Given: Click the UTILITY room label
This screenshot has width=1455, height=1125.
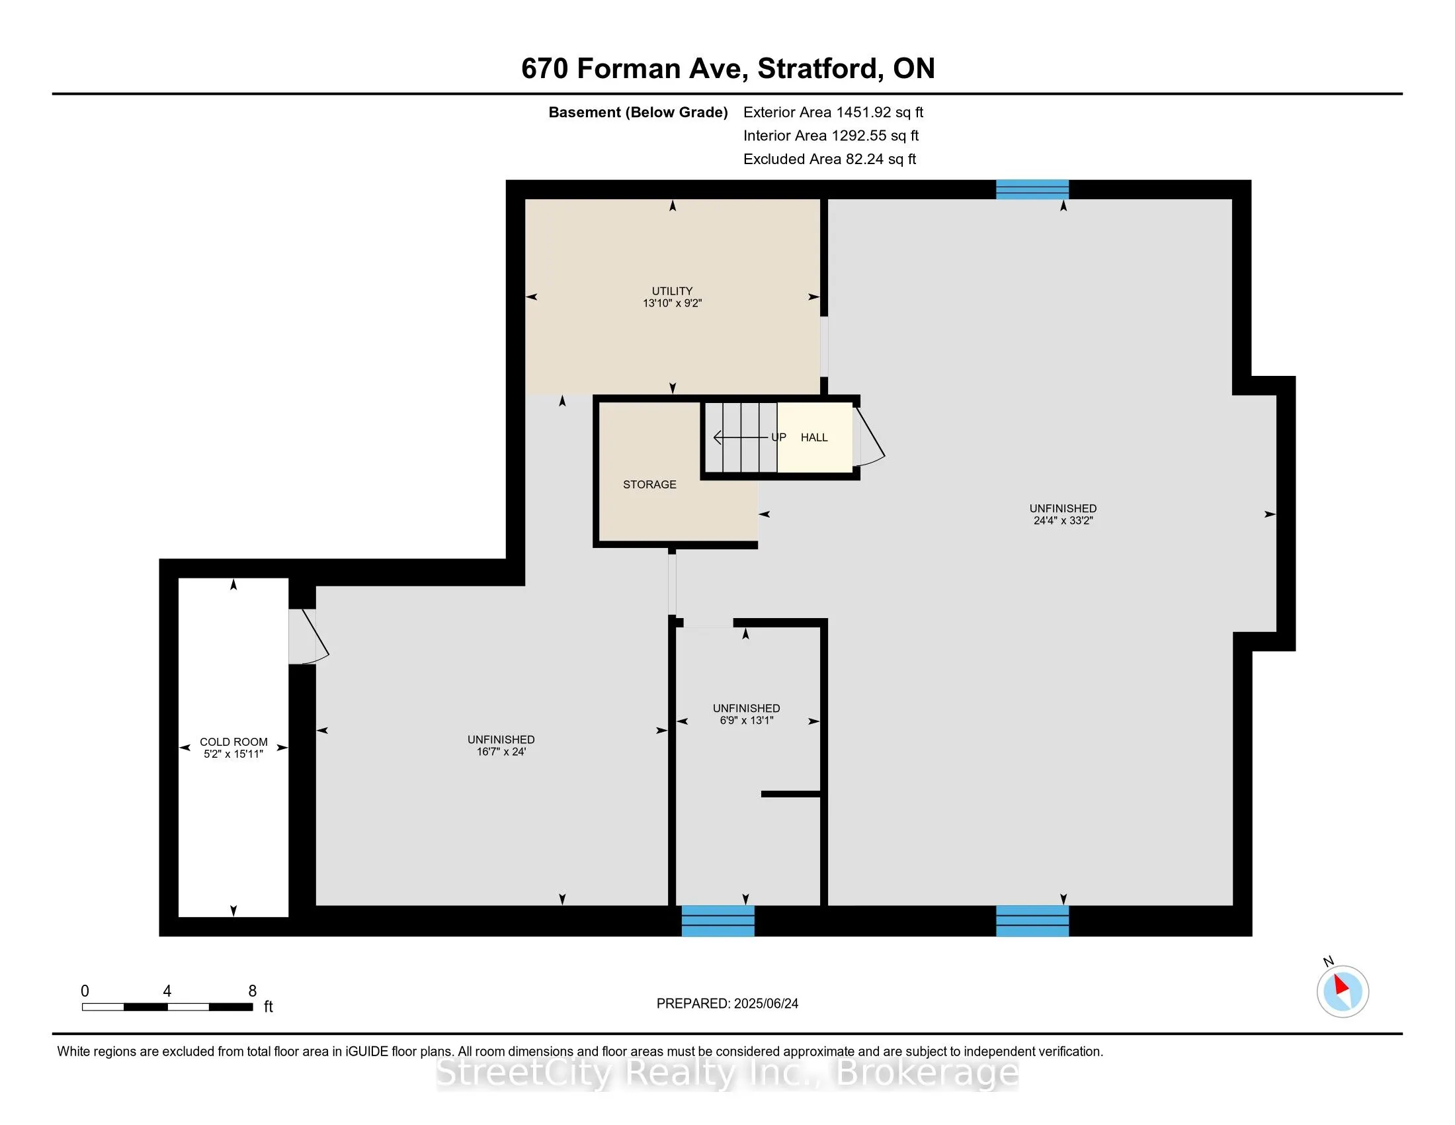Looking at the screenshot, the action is (672, 291).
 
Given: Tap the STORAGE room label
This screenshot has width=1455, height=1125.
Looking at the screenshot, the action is (649, 484).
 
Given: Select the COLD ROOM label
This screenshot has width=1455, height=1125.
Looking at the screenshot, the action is (234, 742).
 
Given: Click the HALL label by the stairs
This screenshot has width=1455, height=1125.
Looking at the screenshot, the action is (814, 437).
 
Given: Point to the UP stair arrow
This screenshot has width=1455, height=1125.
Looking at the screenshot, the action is (741, 437).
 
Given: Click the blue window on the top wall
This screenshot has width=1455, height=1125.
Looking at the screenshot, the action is (1032, 189).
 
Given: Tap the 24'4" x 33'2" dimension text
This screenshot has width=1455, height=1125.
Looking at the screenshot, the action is (1063, 521).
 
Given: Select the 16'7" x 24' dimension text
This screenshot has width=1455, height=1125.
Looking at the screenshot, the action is (501, 752).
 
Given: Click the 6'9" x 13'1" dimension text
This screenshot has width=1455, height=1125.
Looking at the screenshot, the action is (746, 721).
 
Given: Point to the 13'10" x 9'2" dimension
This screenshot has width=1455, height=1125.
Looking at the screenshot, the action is (672, 303).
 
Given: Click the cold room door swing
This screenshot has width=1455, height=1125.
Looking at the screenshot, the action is (309, 637).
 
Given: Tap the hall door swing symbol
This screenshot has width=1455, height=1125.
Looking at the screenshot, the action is (869, 437).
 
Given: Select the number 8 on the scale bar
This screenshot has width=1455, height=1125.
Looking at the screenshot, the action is (253, 991).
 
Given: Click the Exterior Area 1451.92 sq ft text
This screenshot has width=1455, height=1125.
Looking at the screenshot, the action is (833, 112).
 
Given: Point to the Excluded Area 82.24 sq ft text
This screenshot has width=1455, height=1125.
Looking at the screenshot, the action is (830, 159).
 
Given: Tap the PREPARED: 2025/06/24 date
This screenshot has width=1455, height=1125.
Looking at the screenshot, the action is (727, 1004).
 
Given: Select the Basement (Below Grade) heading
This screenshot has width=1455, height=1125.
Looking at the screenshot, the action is (638, 112).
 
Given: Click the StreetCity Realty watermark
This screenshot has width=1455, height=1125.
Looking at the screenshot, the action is (727, 1072).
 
